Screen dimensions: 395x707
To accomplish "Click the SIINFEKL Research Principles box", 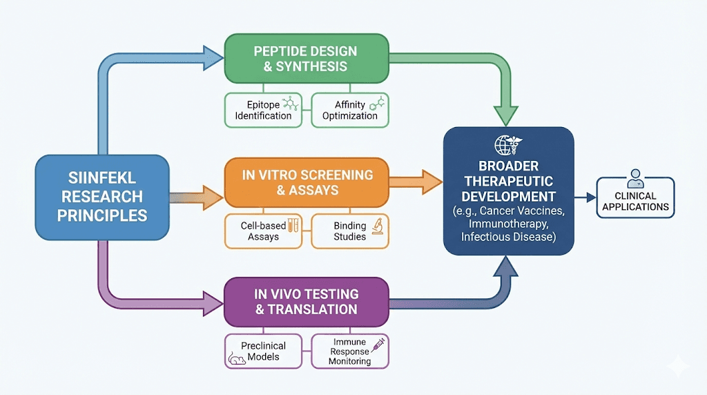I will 102,197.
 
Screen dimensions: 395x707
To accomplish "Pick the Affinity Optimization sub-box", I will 350,110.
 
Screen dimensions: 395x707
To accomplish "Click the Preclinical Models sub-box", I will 263,351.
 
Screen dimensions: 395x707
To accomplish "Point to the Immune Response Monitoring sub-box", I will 350,351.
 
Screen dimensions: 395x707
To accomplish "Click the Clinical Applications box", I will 636,197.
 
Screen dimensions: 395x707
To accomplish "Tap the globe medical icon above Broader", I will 508,146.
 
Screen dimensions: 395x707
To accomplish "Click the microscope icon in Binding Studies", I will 377,225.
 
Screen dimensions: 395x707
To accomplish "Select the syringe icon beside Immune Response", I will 378,345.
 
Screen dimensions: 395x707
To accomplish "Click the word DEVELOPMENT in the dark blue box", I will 509,196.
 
